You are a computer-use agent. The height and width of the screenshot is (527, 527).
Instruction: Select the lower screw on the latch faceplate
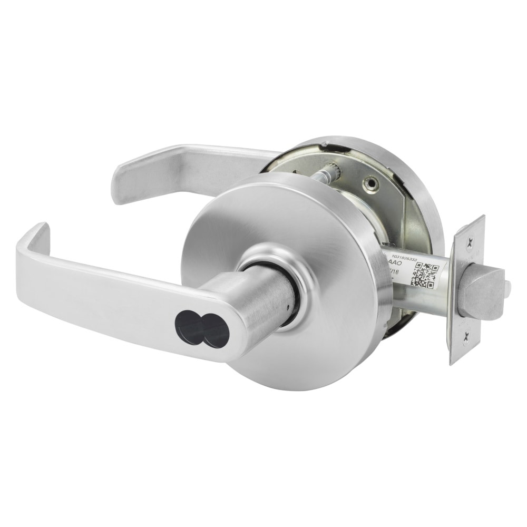point(465,340)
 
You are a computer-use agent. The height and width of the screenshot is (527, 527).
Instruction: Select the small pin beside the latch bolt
point(506,288)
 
